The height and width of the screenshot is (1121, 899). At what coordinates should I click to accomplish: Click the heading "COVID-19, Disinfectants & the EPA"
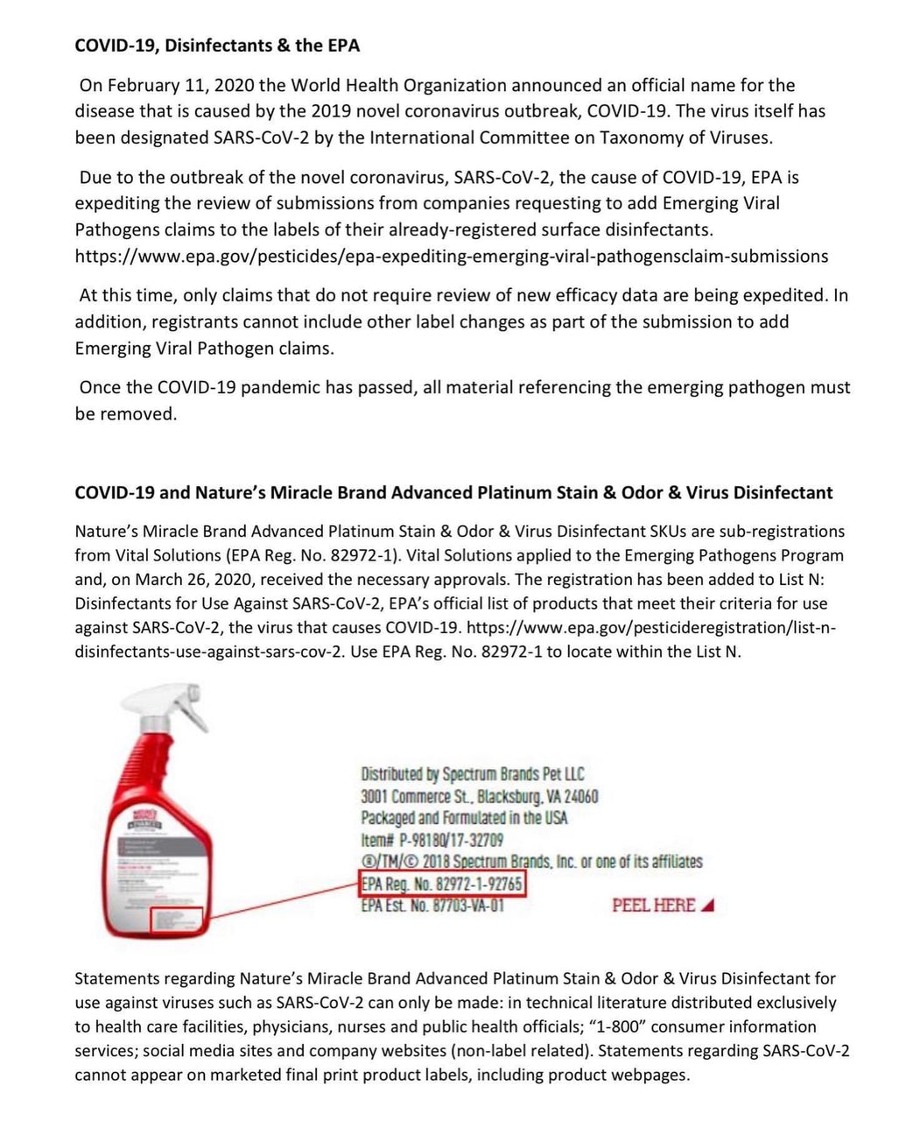[217, 46]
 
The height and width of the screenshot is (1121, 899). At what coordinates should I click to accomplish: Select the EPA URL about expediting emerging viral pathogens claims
[451, 257]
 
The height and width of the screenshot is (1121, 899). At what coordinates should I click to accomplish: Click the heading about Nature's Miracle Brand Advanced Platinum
[453, 492]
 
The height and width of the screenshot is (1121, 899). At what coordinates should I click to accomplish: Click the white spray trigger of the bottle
[158, 708]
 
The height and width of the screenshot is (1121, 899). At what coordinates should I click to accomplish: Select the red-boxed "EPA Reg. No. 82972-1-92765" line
[442, 885]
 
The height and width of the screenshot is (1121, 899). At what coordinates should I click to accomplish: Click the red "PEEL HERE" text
[653, 906]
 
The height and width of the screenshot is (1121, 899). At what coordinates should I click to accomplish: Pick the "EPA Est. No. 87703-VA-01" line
[432, 906]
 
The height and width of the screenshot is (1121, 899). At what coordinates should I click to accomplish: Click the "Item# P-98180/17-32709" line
[432, 840]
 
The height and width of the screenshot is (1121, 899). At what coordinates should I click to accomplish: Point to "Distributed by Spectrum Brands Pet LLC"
[472, 774]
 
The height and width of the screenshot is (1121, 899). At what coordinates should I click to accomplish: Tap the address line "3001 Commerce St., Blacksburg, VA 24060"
[479, 796]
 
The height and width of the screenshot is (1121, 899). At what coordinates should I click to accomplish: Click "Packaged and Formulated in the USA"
[464, 818]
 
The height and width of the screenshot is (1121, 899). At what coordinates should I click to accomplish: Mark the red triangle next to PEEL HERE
[707, 906]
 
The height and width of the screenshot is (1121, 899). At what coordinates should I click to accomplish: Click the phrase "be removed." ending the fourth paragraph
[126, 414]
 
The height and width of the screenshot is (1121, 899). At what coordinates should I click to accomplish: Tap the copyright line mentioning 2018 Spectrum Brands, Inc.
[531, 862]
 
